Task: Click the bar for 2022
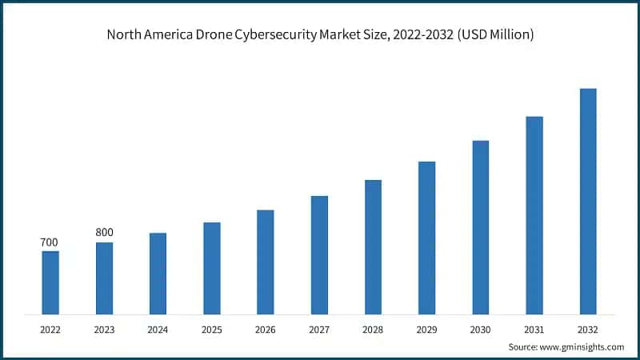[50, 282]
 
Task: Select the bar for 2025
[211, 268]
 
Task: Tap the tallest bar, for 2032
[587, 201]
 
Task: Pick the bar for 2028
[373, 246]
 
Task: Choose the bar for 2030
[480, 227]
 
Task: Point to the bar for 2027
[319, 254]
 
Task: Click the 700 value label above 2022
[50, 242]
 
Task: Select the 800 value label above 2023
[104, 233]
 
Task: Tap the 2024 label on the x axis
[158, 328]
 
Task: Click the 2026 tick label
[265, 328]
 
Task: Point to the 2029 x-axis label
[426, 328]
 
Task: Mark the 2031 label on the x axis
[534, 328]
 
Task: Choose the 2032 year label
[587, 328]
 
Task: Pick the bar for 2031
[534, 215]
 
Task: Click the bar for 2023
[104, 278]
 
